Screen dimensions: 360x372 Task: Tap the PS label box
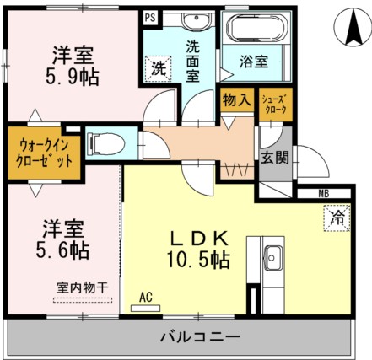tap(149, 15)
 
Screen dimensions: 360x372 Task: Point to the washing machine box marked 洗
tap(158, 69)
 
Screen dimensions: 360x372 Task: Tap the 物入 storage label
tap(236, 100)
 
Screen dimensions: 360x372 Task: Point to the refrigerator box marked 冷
tap(335, 218)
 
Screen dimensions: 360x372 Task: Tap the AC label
tap(145, 297)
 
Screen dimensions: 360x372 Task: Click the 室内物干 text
tap(82, 287)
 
